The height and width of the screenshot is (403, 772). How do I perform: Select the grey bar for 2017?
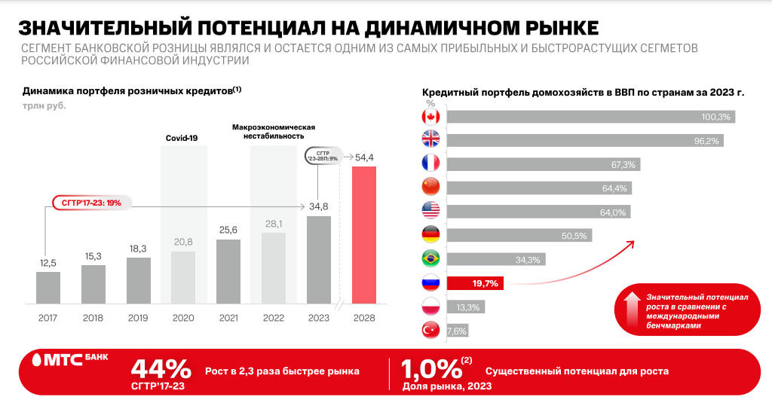pyautogui.click(x=47, y=288)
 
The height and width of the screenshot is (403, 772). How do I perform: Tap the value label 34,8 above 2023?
pyautogui.click(x=318, y=205)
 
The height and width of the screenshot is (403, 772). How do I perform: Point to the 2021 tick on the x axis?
pyautogui.click(x=228, y=319)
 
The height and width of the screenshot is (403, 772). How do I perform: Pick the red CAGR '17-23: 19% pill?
pyautogui.click(x=91, y=202)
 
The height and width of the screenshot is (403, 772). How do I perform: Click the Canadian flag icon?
pyautogui.click(x=430, y=117)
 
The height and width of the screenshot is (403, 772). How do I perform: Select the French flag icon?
pyautogui.click(x=430, y=163)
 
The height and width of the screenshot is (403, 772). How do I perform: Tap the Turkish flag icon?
pyautogui.click(x=430, y=330)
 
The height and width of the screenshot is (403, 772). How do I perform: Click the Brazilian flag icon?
pyautogui.click(x=430, y=259)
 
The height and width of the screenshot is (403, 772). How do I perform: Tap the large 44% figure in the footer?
pyautogui.click(x=161, y=369)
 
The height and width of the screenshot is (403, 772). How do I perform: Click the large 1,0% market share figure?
pyautogui.click(x=430, y=369)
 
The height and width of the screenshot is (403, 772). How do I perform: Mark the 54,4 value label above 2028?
pyautogui.click(x=364, y=157)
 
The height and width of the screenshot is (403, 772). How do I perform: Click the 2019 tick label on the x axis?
pyautogui.click(x=138, y=319)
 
